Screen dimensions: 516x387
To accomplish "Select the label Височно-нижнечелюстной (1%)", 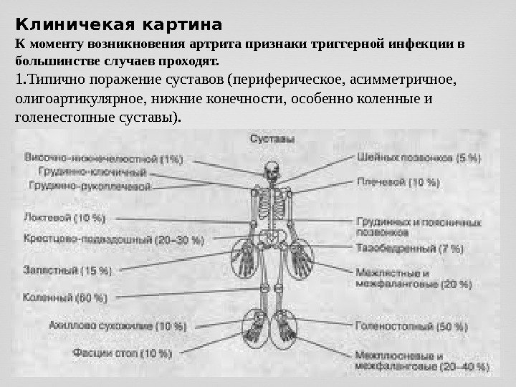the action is tap(104, 158).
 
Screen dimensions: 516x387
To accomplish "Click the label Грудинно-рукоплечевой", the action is tap(90, 186).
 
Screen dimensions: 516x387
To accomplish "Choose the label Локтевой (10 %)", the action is tap(59, 216).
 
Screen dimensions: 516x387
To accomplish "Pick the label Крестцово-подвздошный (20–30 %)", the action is tap(114, 239).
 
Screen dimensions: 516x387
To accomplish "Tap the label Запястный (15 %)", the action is tap(68, 270).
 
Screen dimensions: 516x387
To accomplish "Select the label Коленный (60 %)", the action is tap(65, 297).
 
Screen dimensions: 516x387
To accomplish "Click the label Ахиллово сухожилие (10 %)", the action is tap(118, 327).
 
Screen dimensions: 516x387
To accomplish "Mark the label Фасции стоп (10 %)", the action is tap(122, 353).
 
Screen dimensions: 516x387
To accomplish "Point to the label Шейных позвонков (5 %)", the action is tap(419, 158).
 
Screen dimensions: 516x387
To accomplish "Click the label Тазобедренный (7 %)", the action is tap(409, 249).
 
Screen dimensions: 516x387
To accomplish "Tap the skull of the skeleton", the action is tap(271, 171).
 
